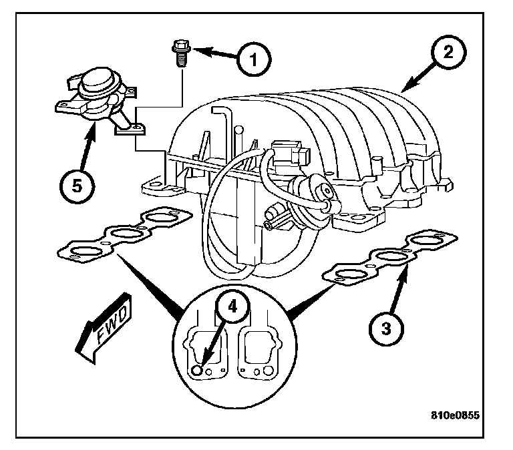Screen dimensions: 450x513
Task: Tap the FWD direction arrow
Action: pos(105,327)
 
